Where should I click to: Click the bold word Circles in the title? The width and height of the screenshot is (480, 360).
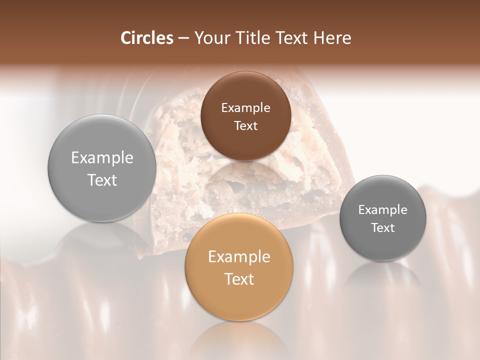point(146,38)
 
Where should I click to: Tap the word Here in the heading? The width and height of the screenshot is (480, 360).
point(333,38)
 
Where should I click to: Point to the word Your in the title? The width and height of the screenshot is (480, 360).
point(210,38)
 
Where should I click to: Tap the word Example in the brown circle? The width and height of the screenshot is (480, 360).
point(245,108)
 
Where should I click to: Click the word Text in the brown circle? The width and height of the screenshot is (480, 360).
point(245,125)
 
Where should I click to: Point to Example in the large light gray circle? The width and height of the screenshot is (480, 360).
point(102,158)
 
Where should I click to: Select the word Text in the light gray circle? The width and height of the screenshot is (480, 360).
point(102,180)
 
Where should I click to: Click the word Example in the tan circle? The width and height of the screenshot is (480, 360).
point(239,257)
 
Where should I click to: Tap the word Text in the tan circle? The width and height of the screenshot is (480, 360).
point(239,279)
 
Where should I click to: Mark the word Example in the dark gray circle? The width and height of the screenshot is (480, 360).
point(382,210)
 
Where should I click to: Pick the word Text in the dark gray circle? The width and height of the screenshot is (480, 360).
point(382,227)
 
